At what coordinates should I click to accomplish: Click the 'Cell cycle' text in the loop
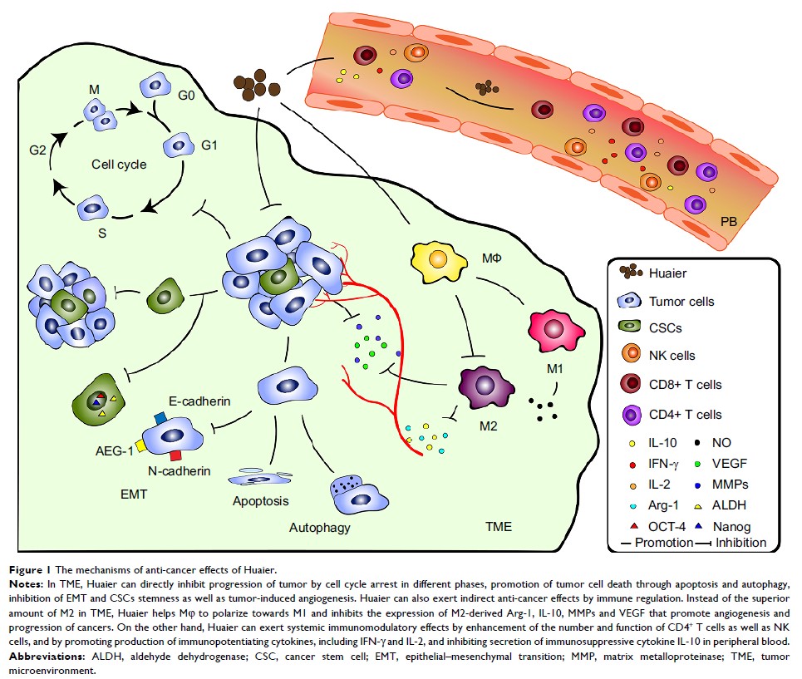coord(119,164)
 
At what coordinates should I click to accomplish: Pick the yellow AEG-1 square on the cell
coord(142,446)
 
